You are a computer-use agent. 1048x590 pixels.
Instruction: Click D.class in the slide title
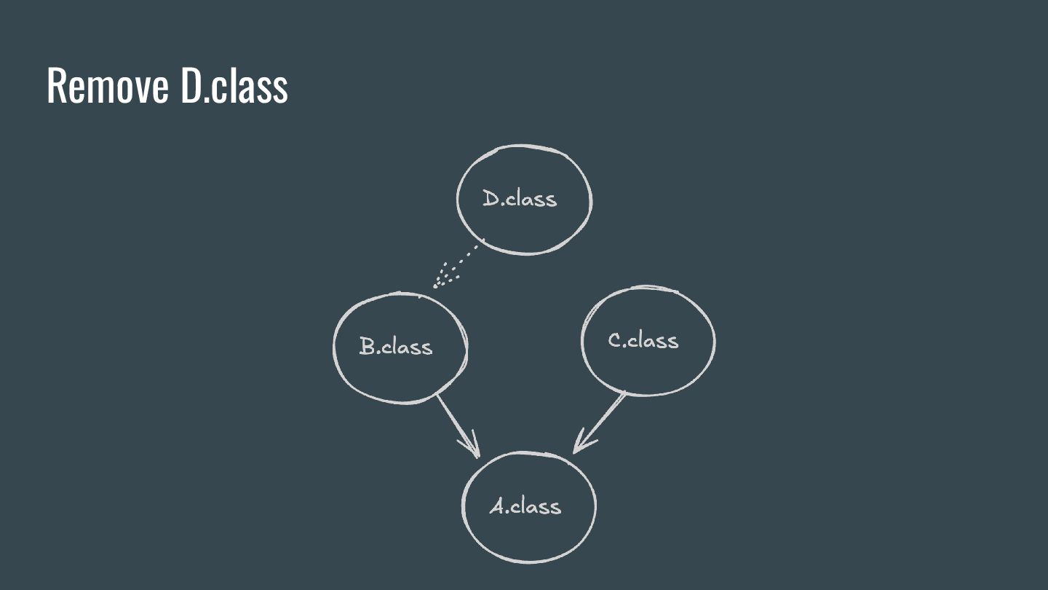[234, 86]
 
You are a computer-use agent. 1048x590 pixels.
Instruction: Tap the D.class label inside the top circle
[520, 198]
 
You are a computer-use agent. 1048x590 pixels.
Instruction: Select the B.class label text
[396, 346]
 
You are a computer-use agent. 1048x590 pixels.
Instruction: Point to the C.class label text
[643, 340]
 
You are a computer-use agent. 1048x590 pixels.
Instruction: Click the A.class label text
[525, 506]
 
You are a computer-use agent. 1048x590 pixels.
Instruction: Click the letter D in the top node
[491, 197]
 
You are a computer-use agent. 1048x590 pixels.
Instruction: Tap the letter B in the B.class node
[368, 346]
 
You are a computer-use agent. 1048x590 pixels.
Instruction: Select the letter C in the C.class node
[615, 340]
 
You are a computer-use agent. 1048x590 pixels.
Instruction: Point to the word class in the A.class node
[536, 506]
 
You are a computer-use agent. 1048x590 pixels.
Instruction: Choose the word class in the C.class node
[654, 340]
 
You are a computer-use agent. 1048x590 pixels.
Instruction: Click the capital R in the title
[55, 86]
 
